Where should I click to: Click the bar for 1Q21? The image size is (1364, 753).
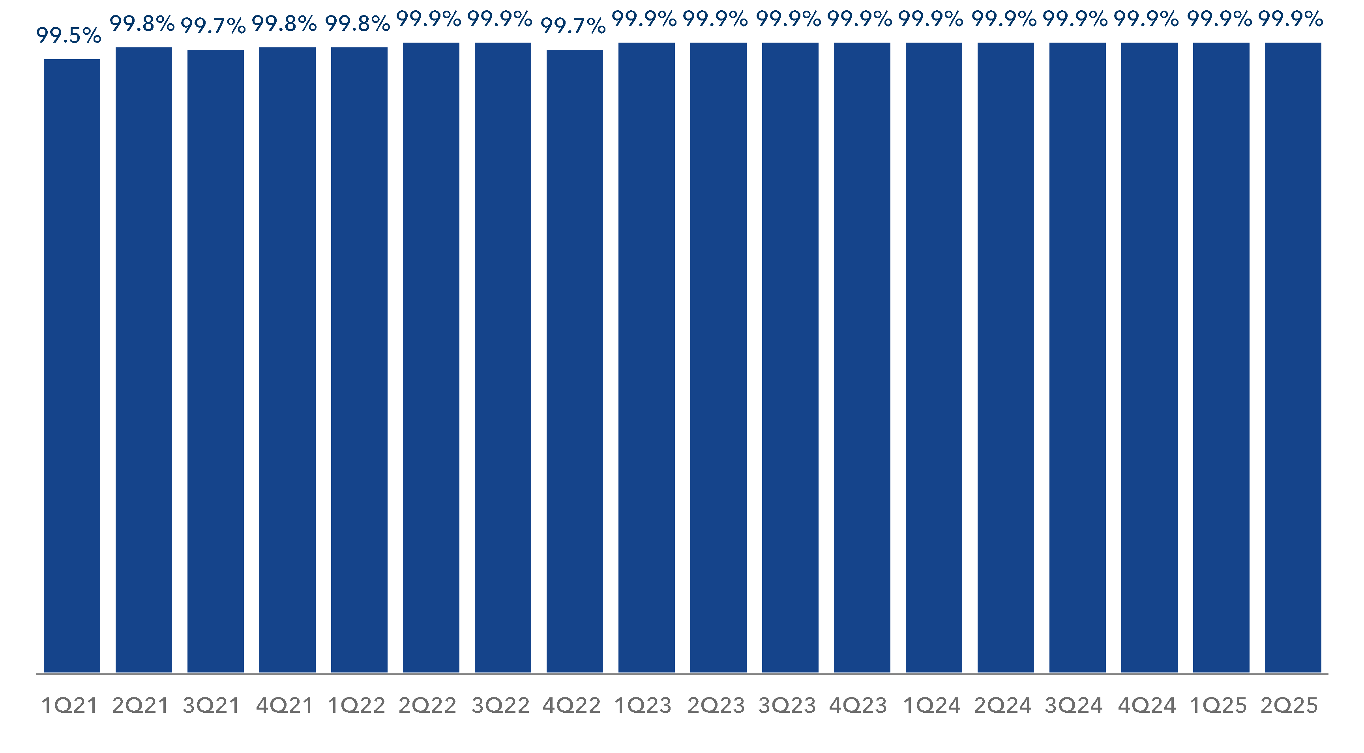pos(71,365)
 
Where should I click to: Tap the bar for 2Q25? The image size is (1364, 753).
pos(1293,358)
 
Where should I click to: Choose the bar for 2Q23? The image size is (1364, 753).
pos(718,358)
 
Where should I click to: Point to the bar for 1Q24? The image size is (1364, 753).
pos(933,358)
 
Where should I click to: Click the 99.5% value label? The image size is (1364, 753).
pos(69,36)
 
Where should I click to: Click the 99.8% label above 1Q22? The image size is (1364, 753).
pos(358,24)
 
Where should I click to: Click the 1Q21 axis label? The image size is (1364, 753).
pos(69,705)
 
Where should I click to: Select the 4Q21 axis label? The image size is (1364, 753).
pos(284,705)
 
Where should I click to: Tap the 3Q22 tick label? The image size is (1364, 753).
pos(500,705)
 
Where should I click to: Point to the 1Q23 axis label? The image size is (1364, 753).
pos(643,705)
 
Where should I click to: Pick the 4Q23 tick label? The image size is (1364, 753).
pos(858,705)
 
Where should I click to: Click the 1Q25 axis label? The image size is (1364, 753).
pos(1218,705)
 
